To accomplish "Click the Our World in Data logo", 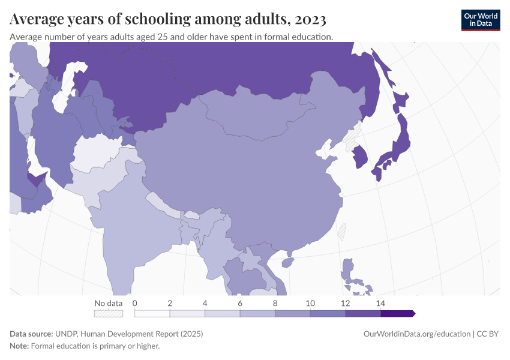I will click(x=480, y=20).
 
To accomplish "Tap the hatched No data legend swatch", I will click(x=109, y=313).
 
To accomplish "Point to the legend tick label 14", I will click(x=380, y=303).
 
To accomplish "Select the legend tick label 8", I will click(x=275, y=303).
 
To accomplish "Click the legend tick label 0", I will click(x=135, y=303).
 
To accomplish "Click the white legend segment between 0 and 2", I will click(x=152, y=313).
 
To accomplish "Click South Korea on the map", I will click(x=360, y=157).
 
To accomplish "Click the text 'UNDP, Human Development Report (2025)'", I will click(x=129, y=334).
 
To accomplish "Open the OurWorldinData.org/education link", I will click(x=417, y=334).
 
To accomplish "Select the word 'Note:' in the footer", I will click(x=19, y=346).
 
